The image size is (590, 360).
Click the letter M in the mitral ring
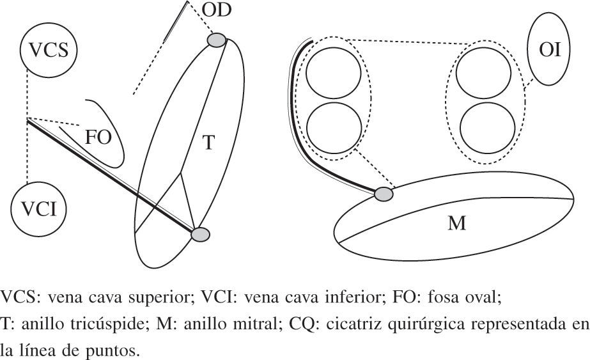(x=456, y=223)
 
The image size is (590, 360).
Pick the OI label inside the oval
(x=550, y=49)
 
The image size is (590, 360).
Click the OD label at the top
(x=217, y=10)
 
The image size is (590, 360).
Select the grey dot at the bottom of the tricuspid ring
(x=201, y=235)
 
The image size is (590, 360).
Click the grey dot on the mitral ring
(x=384, y=193)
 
